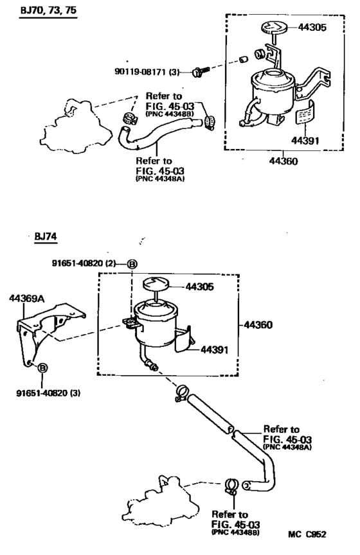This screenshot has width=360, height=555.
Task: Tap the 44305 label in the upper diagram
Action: click(x=312, y=28)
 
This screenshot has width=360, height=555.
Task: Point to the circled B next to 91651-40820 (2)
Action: click(x=131, y=263)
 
